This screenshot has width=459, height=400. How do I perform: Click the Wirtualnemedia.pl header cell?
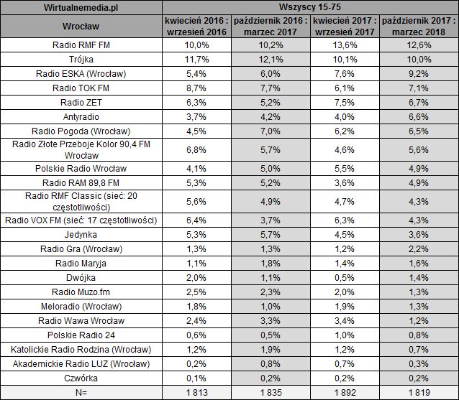pyautogui.click(x=81, y=7)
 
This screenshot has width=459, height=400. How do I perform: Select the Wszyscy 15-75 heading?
pyautogui.click(x=310, y=7)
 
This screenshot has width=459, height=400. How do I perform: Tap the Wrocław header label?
pyautogui.click(x=81, y=26)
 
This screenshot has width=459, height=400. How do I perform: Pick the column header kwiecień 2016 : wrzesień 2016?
pyautogui.click(x=196, y=26)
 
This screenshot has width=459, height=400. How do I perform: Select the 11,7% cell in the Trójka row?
pyautogui.click(x=196, y=60)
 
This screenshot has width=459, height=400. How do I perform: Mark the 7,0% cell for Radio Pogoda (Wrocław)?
pyautogui.click(x=271, y=131)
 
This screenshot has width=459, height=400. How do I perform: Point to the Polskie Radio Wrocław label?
pyautogui.click(x=81, y=168)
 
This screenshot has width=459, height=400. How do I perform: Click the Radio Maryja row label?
pyautogui.click(x=81, y=263)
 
